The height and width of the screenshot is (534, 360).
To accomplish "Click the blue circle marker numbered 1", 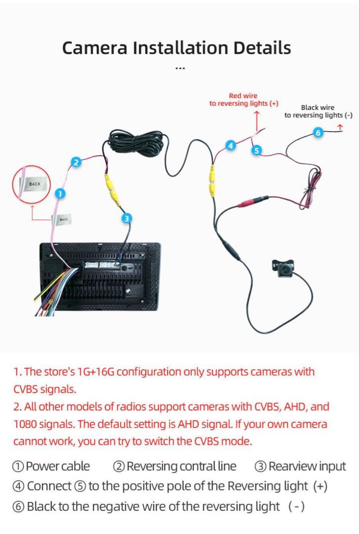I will tap(59, 194).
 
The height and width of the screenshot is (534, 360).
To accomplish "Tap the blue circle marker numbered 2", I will tap(76, 162).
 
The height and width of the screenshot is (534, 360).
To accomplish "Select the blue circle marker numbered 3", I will tap(127, 218).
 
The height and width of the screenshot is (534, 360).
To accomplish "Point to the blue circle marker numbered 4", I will tap(229, 145).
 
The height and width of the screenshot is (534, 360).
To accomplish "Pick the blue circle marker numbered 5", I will tap(256, 150).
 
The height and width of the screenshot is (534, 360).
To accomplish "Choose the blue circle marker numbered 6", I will tap(318, 133).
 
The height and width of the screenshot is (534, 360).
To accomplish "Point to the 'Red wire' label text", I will tap(243, 95).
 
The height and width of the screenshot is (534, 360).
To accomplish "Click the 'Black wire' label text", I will tap(317, 107).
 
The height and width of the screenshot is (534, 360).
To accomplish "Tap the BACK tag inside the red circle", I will tap(35, 184).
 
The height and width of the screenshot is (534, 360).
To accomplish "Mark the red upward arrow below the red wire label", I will tap(256, 119).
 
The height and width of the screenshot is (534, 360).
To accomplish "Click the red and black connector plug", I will tap(253, 202).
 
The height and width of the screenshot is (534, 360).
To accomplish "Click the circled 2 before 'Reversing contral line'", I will tap(119, 466).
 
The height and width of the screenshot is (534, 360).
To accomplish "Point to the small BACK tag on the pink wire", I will tap(63, 219).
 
